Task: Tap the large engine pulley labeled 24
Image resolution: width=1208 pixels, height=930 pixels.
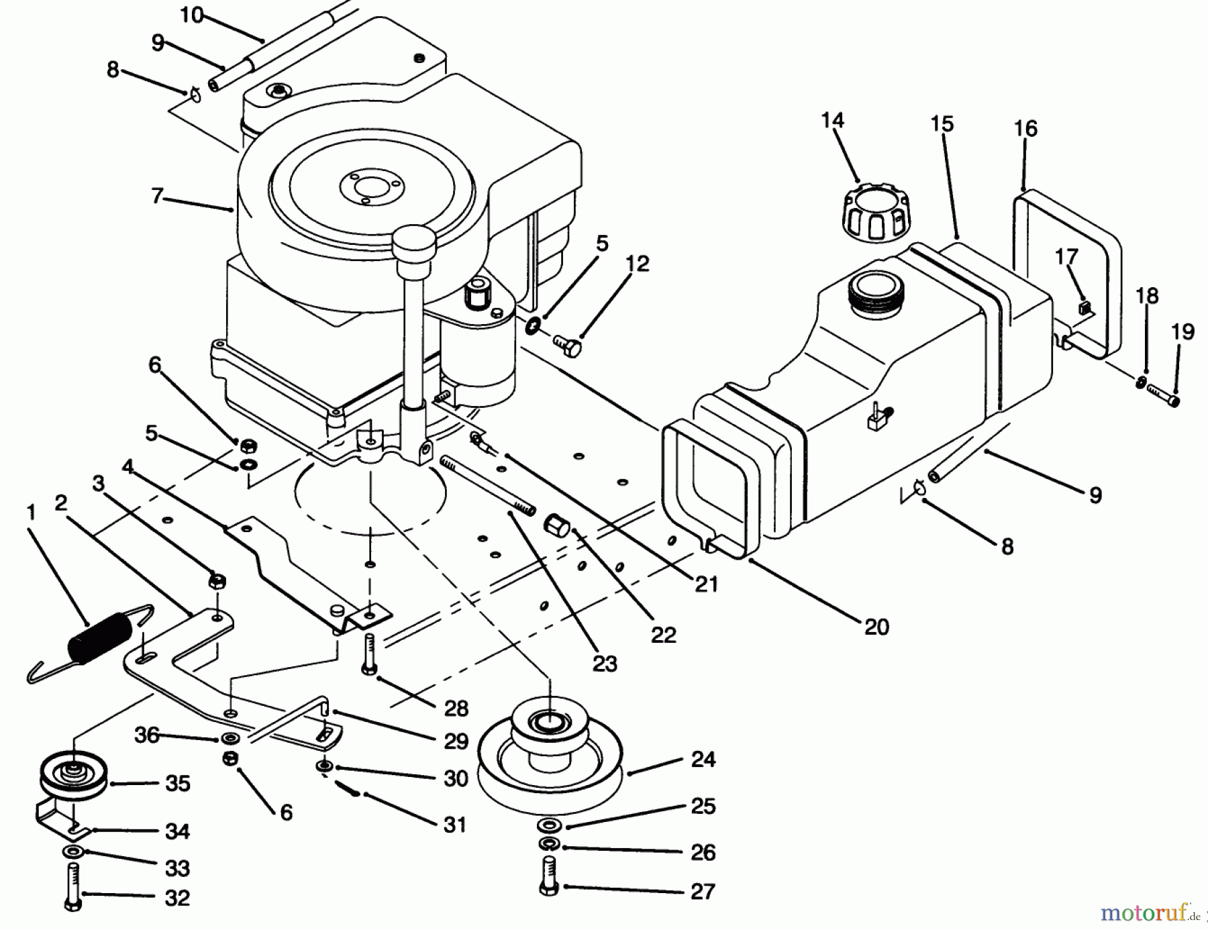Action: (549, 761)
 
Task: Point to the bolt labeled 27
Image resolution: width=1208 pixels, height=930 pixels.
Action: (549, 875)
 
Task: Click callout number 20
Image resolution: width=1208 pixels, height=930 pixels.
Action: (876, 627)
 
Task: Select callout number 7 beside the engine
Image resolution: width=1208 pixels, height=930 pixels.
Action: (158, 197)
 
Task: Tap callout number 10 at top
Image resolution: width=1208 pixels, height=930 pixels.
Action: (192, 15)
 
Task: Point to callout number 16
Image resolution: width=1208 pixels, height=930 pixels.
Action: (1025, 128)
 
